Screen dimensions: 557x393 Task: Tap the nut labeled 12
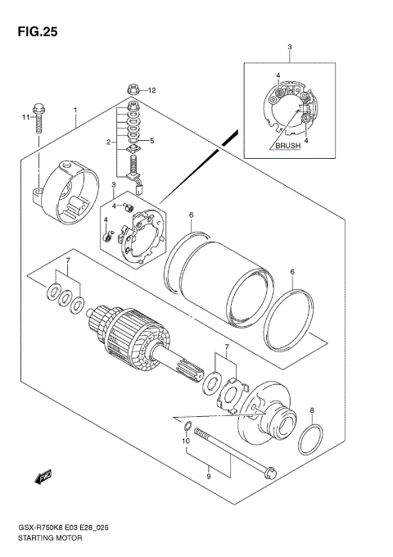(133, 89)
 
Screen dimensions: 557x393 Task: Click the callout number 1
(75, 110)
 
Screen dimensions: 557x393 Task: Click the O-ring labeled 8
(309, 440)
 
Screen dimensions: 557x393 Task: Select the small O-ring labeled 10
(187, 425)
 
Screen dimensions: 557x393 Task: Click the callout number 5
(151, 141)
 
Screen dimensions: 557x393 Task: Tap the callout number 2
(107, 142)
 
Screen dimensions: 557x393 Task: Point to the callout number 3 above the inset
(288, 48)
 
